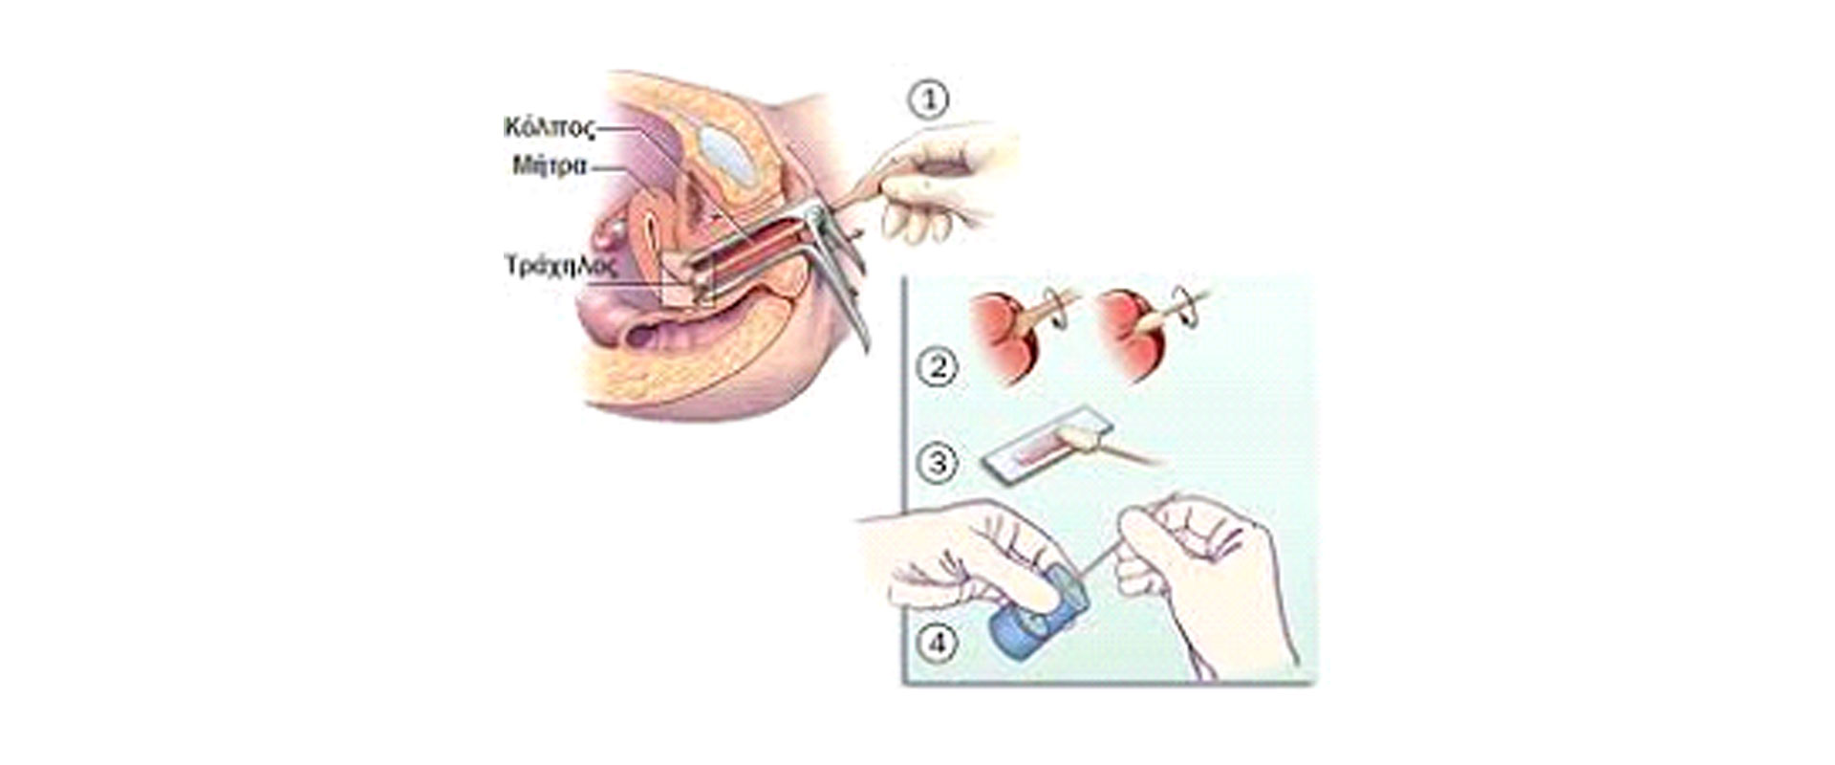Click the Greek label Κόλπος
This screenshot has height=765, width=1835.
tap(550, 128)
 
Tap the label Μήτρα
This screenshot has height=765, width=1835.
tap(550, 165)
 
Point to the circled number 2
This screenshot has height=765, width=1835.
tap(936, 367)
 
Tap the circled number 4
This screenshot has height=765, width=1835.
tap(937, 643)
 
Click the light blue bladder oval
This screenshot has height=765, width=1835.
tap(728, 157)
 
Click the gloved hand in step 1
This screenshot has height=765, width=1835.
tap(941, 182)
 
